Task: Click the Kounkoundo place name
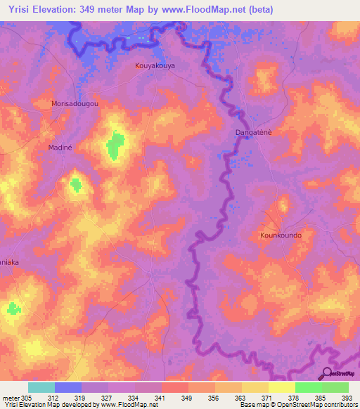tap(281, 235)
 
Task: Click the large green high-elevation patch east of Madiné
tap(115, 145)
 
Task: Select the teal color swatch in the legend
tap(41, 387)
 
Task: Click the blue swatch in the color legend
tap(68, 387)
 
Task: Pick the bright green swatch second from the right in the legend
tap(308, 387)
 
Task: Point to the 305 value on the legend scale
tap(27, 397)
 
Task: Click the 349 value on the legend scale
tap(187, 397)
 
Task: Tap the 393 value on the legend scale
tap(347, 397)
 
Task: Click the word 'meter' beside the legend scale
tap(10, 397)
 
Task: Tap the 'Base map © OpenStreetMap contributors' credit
tap(298, 405)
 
